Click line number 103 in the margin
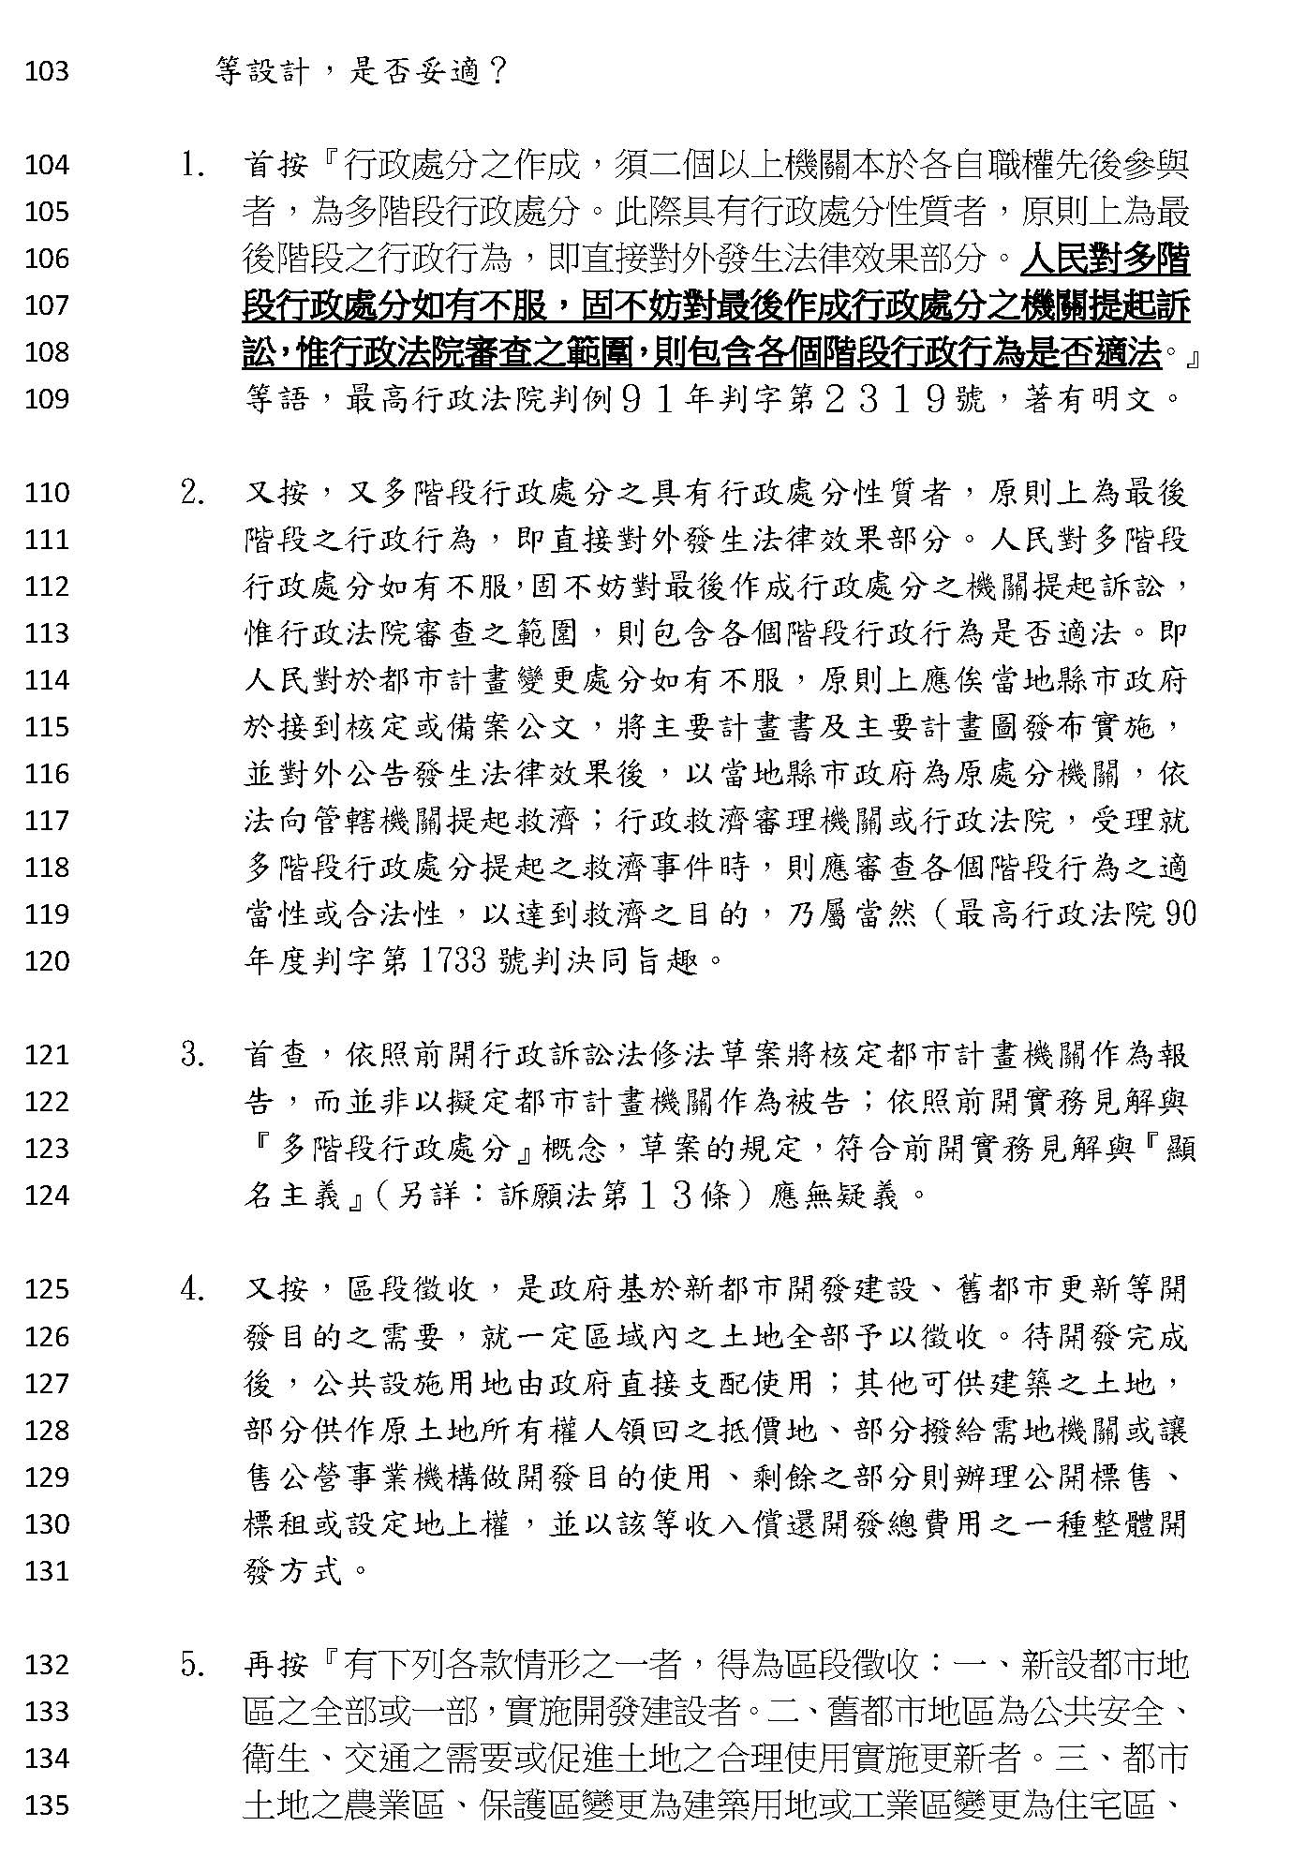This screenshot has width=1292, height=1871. click(x=47, y=71)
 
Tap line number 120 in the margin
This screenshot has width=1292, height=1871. click(x=47, y=961)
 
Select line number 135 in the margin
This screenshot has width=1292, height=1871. click(x=47, y=1805)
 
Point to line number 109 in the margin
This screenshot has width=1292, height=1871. click(x=47, y=399)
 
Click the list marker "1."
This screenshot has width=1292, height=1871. click(x=193, y=166)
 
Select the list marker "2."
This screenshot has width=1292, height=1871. click(x=193, y=494)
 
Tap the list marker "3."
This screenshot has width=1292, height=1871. click(x=193, y=1056)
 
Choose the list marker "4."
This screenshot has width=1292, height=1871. click(x=193, y=1290)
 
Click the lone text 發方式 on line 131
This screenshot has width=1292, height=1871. click(x=292, y=1571)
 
